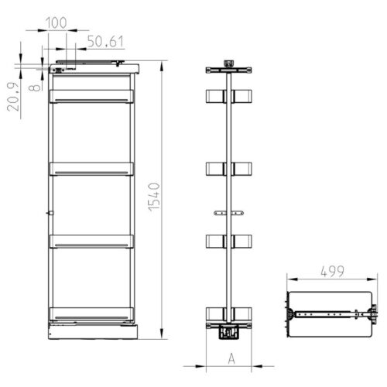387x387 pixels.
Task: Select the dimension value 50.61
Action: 104,41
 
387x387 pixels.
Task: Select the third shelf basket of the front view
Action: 91,241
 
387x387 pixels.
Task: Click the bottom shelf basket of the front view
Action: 91,313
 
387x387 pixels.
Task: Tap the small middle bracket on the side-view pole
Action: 228,211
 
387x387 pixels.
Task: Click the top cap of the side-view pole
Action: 228,61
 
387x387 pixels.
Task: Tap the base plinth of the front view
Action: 91,330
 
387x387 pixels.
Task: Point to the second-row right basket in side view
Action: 242,168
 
